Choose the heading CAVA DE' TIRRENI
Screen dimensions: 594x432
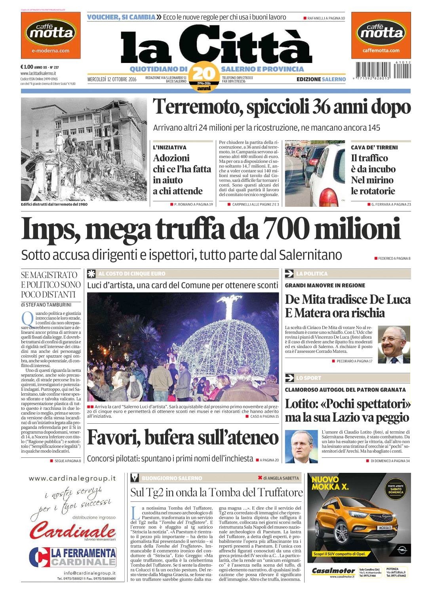coord(374,147)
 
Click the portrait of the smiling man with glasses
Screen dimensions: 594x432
coord(393,345)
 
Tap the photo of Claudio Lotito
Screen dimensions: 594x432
coord(301,446)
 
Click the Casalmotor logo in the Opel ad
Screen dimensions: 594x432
coord(333,571)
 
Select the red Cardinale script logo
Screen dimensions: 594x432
coord(73,531)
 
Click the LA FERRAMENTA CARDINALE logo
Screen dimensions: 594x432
coord(73,557)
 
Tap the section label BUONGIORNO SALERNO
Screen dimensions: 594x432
coord(171,478)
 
